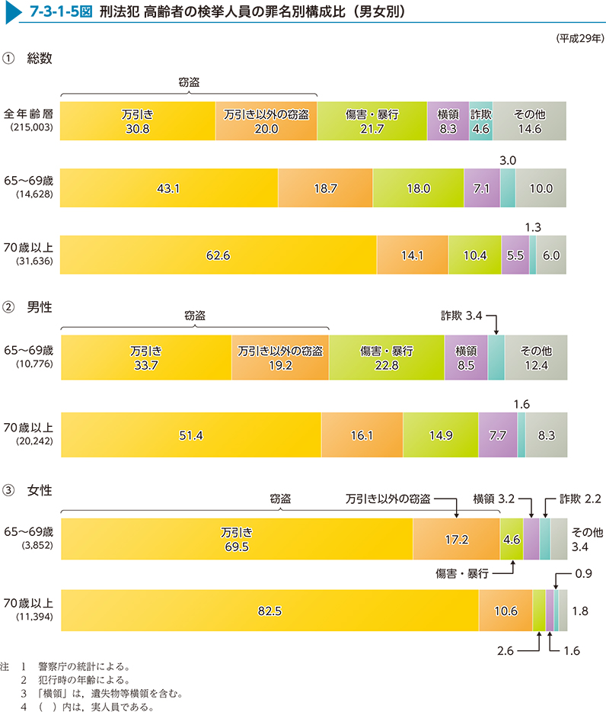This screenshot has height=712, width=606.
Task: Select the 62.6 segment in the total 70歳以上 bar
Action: [x=218, y=255]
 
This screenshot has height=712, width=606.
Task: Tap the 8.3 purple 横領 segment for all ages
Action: [x=448, y=121]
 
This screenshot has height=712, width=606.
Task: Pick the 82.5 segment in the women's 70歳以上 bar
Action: [x=269, y=611]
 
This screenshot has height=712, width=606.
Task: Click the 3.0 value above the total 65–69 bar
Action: [x=508, y=159]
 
